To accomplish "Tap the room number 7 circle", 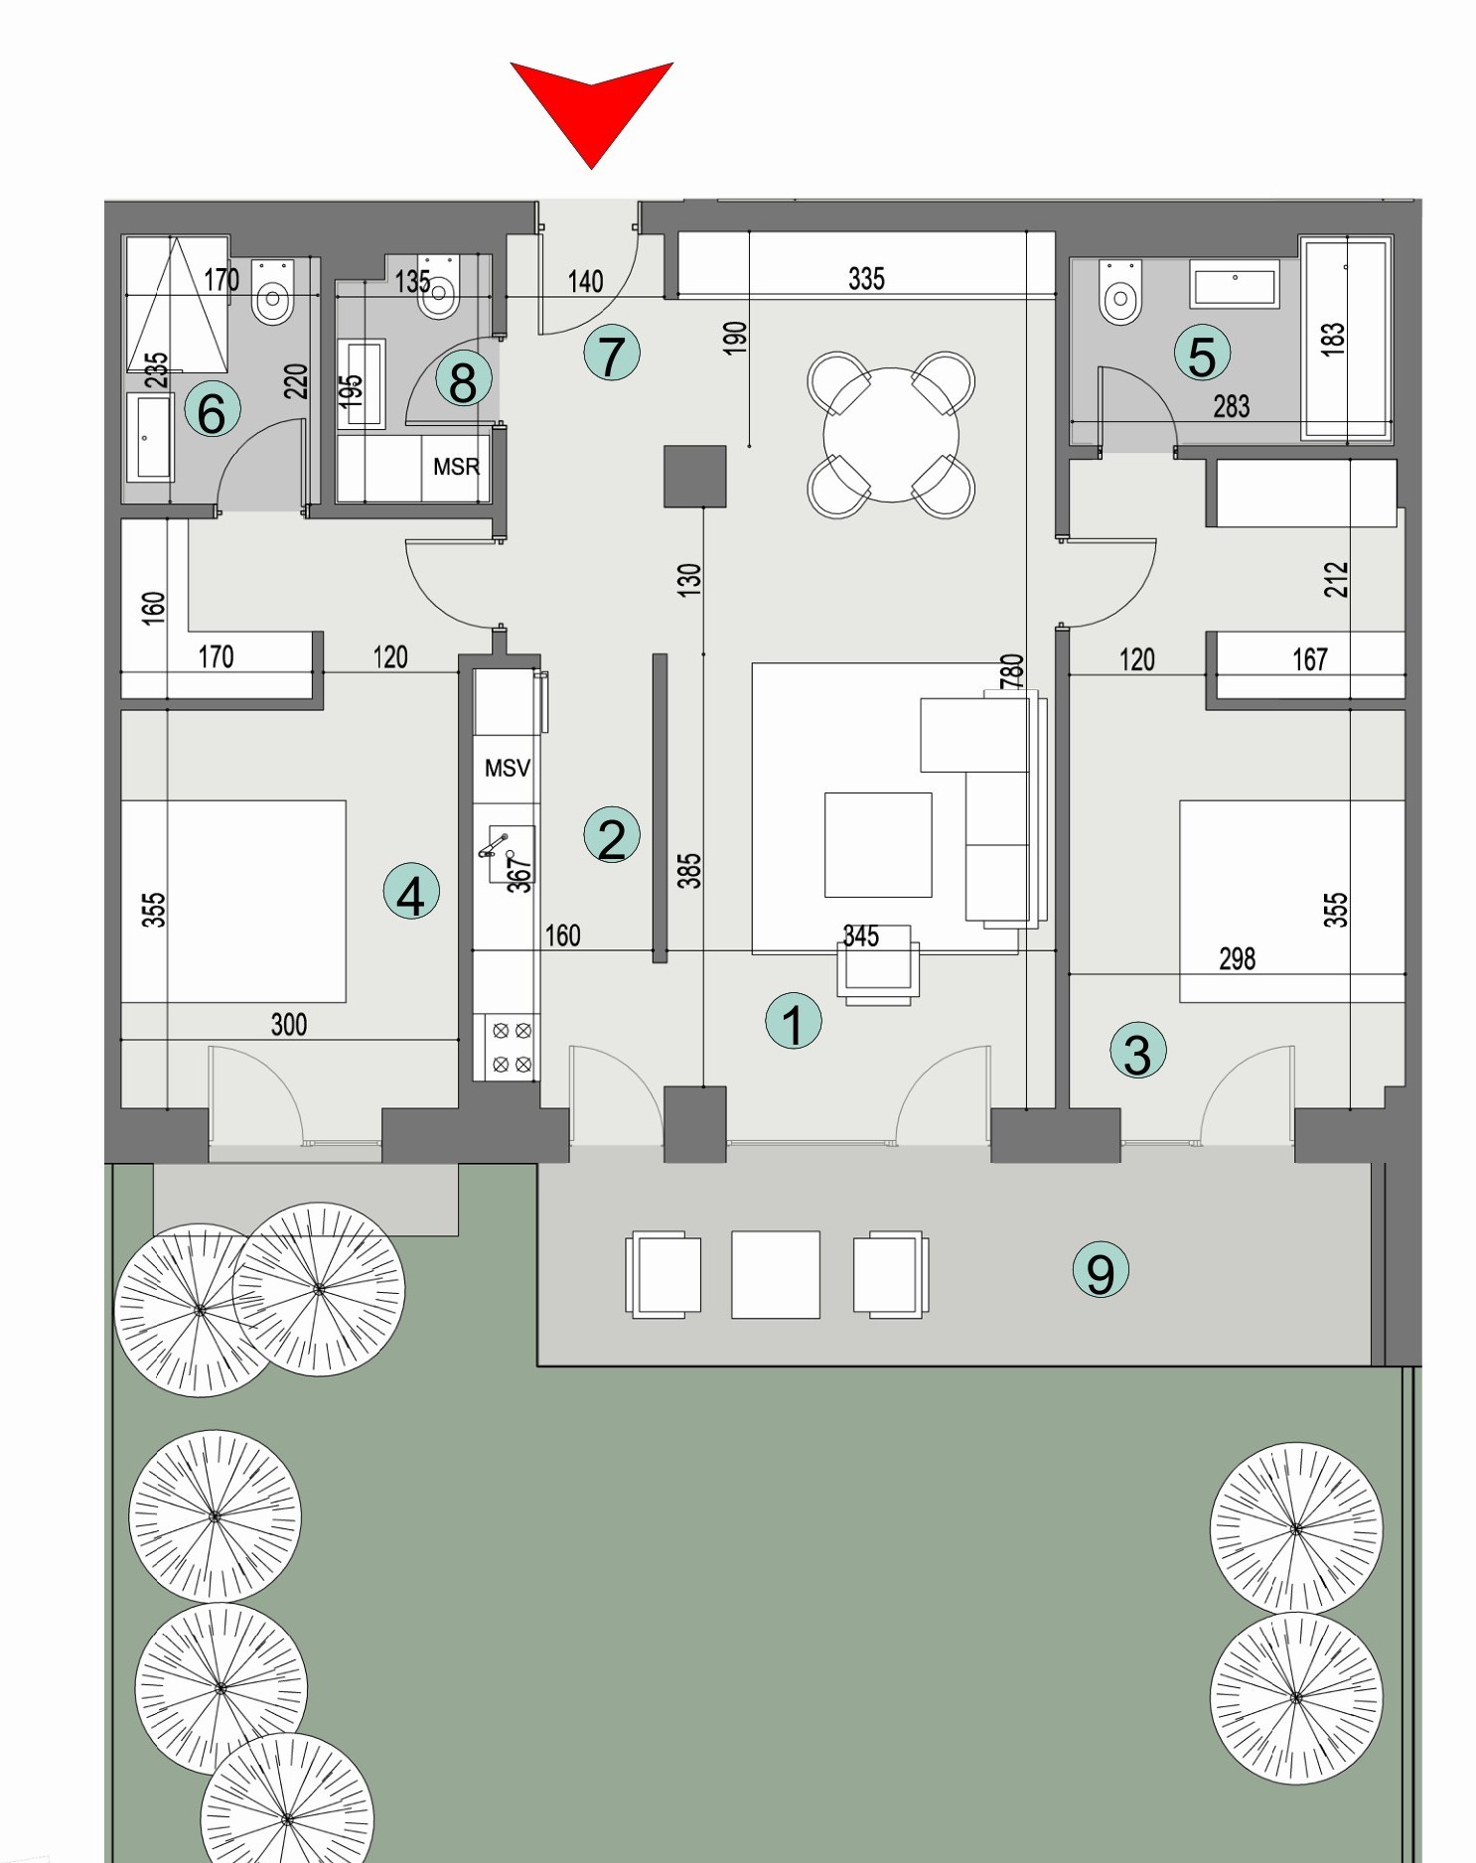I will pos(611,354).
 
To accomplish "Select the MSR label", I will pos(456,466).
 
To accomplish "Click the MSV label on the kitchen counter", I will pos(507,768).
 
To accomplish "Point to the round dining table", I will pos(891,435).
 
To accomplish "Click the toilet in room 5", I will pos(1120,293).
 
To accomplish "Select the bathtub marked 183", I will pos(1346,338).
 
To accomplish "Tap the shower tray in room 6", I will pos(177,304).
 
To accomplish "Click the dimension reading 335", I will pos(865,279).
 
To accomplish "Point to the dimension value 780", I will pos(1011,671).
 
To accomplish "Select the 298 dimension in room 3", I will pos(1237,959).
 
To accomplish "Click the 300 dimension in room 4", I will pos(288,1025).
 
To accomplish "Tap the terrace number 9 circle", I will pos(1100,1271).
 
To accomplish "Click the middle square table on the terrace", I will pos(776,1274).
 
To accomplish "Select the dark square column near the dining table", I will pos(694,477).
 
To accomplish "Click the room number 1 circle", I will pos(793,1022).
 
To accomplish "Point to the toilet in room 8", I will pos(438,289).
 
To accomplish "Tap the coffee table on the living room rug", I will pos(878,844).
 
